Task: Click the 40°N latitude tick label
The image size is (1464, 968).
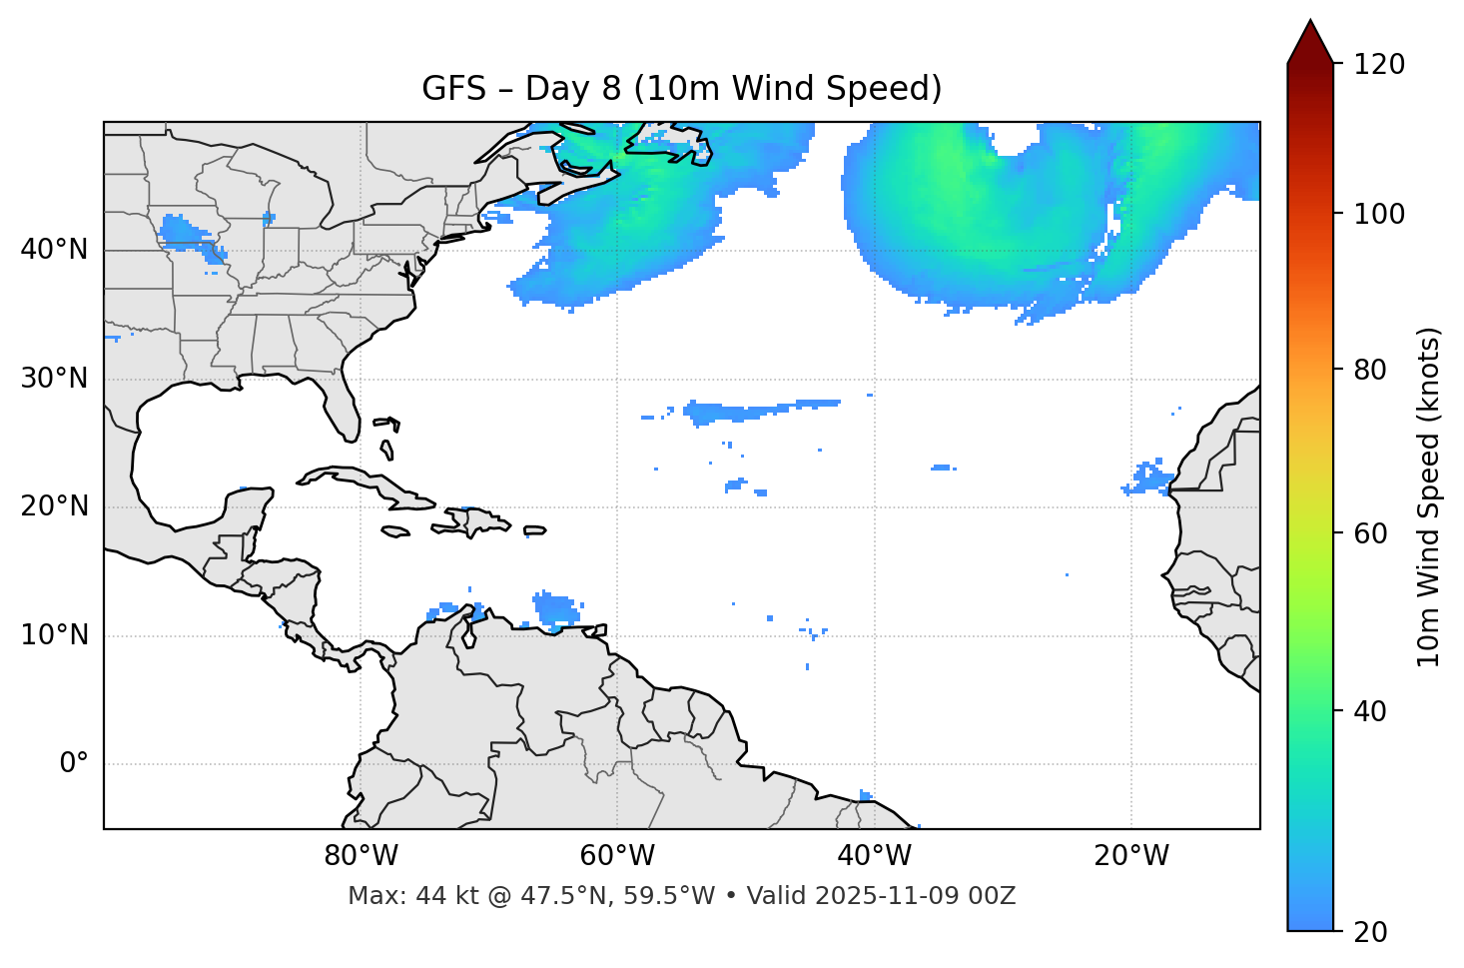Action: (x=54, y=250)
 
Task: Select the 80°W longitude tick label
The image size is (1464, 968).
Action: (x=361, y=856)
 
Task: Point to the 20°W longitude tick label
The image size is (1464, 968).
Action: (x=1131, y=856)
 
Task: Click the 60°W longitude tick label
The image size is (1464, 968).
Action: (x=617, y=856)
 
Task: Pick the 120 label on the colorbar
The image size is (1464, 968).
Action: (x=1379, y=65)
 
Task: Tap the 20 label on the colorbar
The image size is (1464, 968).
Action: (x=1369, y=932)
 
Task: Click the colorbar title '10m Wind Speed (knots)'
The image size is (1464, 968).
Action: (x=1429, y=497)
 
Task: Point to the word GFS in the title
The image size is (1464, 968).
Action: (x=454, y=89)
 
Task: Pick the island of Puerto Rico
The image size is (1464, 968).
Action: (x=534, y=530)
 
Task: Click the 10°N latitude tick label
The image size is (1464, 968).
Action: (x=54, y=635)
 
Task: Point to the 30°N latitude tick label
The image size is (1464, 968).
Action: (x=54, y=379)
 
